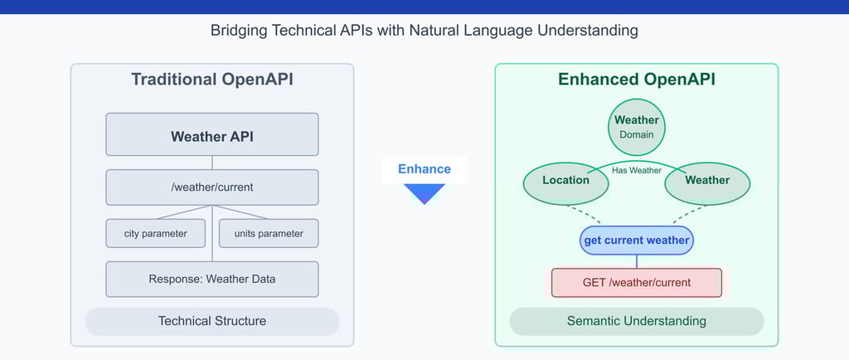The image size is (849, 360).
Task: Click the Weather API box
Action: pos(211,135)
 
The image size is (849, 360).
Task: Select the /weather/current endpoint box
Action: pos(211,187)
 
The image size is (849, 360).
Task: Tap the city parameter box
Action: pos(155,233)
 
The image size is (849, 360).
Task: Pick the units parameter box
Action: pos(269,233)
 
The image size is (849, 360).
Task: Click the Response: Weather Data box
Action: pos(211,279)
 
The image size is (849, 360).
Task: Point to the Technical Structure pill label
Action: pos(211,321)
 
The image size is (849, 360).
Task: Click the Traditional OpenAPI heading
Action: pos(211,80)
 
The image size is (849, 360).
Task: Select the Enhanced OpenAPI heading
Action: pos(636,80)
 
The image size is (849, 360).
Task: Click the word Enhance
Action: pos(424,169)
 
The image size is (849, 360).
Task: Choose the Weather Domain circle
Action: pos(636,126)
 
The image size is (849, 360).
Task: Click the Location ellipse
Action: pos(565,181)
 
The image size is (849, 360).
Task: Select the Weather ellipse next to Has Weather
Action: pos(707,181)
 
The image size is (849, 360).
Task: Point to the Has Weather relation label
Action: pos(636,170)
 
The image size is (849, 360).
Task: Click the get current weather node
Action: pos(636,241)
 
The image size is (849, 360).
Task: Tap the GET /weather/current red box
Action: pos(636,282)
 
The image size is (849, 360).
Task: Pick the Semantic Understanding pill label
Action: pos(636,321)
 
